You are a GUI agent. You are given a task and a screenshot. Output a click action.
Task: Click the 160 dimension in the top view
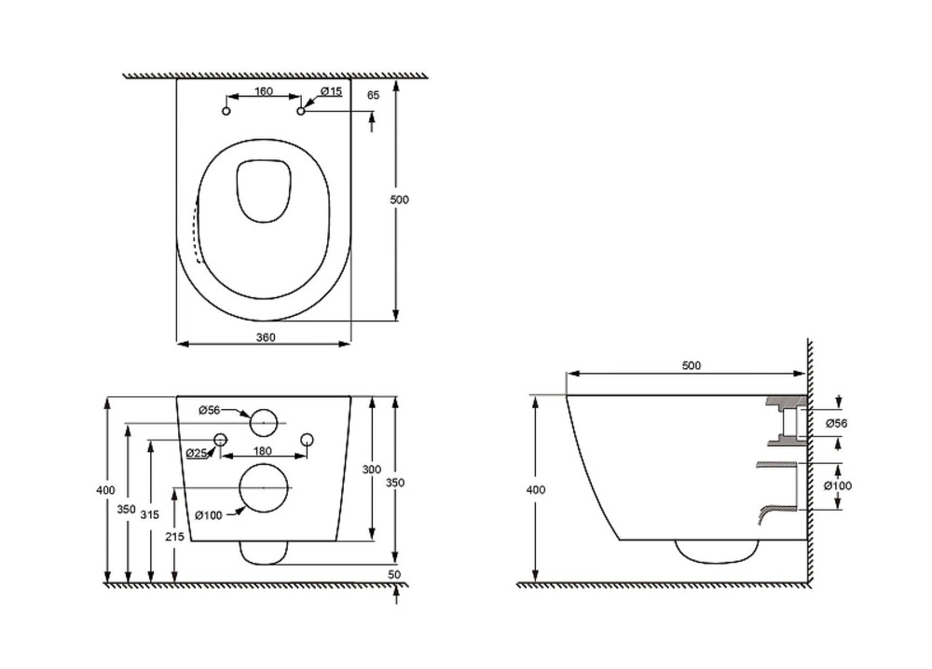pyautogui.click(x=263, y=92)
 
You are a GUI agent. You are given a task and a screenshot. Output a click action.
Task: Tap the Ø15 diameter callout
pyautogui.click(x=331, y=91)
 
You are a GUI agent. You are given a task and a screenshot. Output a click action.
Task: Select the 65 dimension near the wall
pyautogui.click(x=374, y=95)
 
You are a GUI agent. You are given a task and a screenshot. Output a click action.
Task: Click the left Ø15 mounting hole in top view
pyautogui.click(x=226, y=112)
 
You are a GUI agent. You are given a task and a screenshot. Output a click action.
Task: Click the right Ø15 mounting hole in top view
pyautogui.click(x=301, y=112)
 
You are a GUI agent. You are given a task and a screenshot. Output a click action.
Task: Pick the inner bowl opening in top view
pyautogui.click(x=264, y=191)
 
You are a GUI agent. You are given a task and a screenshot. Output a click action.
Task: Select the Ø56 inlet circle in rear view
pyautogui.click(x=264, y=422)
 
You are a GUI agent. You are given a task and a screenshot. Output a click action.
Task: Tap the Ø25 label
pyautogui.click(x=196, y=453)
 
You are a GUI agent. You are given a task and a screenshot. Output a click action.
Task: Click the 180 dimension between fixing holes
pyautogui.click(x=263, y=451)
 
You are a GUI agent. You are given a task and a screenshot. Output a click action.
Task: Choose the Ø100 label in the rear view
pyautogui.click(x=209, y=514)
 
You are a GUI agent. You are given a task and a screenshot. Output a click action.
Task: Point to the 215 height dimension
pyautogui.click(x=173, y=538)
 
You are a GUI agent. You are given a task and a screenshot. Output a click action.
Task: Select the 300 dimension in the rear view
pyautogui.click(x=372, y=470)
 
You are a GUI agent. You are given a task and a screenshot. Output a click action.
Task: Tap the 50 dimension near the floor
pyautogui.click(x=394, y=575)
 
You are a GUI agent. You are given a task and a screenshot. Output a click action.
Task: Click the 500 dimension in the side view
pyautogui.click(x=691, y=366)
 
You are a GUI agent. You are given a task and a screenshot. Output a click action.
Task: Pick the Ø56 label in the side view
pyautogui.click(x=837, y=424)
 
